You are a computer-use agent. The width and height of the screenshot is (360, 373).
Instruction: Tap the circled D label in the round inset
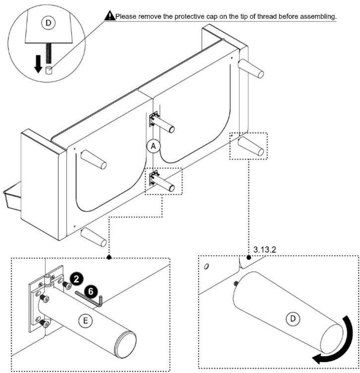point(49,23)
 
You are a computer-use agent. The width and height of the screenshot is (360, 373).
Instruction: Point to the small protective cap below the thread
point(48,70)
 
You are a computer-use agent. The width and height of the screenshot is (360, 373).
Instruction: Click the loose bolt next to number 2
point(67,284)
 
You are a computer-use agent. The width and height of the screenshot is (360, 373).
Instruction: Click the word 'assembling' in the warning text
point(318,16)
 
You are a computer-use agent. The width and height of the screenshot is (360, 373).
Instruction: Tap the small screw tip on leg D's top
point(236,284)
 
